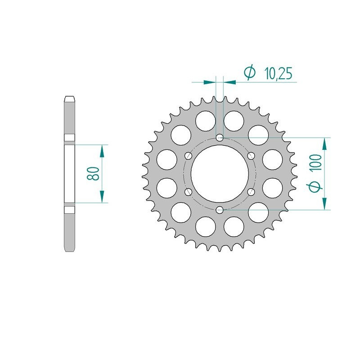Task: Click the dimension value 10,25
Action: (278, 74)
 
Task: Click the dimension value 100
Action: (316, 162)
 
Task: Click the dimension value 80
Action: (93, 174)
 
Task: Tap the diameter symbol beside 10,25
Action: (249, 72)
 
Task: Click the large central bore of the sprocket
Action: (220, 174)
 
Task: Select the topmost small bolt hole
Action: (220, 138)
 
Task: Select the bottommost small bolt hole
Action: (220, 209)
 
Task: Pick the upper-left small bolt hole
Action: (189, 156)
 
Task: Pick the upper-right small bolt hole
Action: (251, 156)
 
